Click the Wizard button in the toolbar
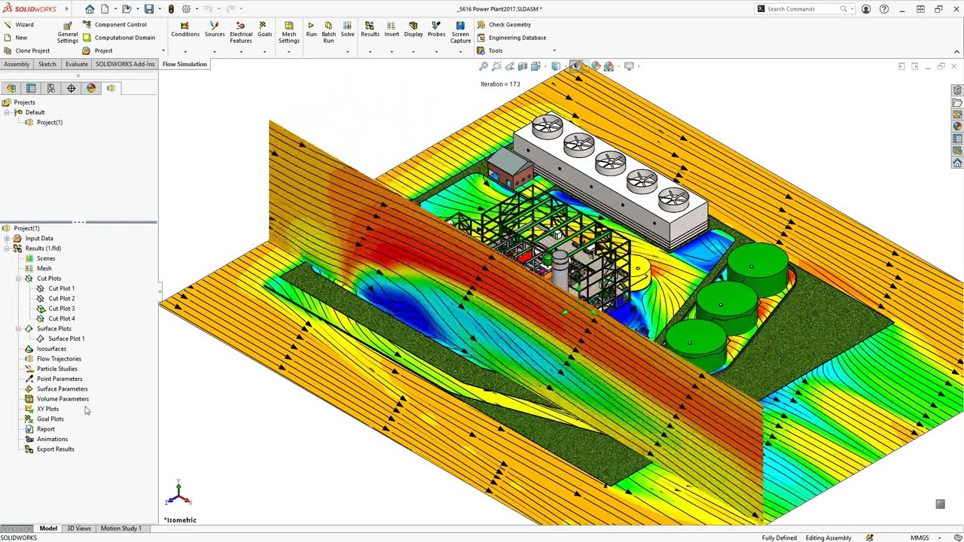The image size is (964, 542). pos(19,25)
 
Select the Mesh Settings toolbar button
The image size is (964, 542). pos(288,32)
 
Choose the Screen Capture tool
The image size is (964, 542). pos(460,32)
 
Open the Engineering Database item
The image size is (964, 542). pos(511,38)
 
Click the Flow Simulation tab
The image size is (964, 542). pos(185,64)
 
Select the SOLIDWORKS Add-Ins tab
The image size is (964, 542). pos(125,64)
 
